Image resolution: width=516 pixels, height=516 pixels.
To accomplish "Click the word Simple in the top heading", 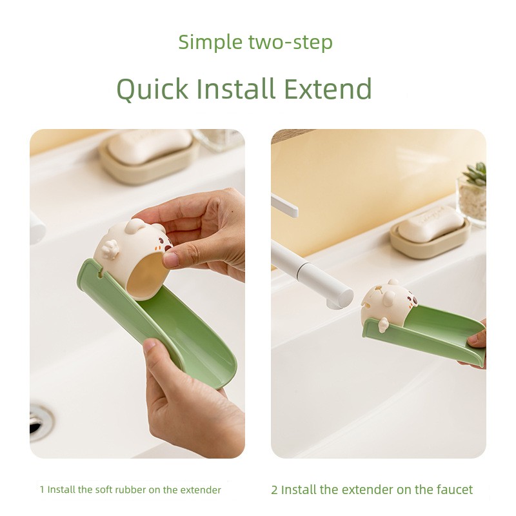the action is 210,42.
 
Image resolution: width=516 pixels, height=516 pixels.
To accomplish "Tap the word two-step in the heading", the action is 290,43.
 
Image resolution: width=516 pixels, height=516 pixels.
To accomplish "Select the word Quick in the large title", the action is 153,88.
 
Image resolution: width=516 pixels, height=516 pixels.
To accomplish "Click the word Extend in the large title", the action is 328,88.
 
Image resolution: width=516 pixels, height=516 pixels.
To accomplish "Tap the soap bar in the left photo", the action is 150,146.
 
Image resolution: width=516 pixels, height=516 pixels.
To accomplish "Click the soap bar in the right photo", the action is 431,223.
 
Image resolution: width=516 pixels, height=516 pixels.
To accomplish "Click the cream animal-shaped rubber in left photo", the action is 132,257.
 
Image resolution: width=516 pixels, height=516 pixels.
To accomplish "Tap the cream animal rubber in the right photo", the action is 388,304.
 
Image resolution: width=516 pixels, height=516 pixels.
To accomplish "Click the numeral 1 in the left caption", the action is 42,490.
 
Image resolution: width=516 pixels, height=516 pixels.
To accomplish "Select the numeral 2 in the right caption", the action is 275,490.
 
